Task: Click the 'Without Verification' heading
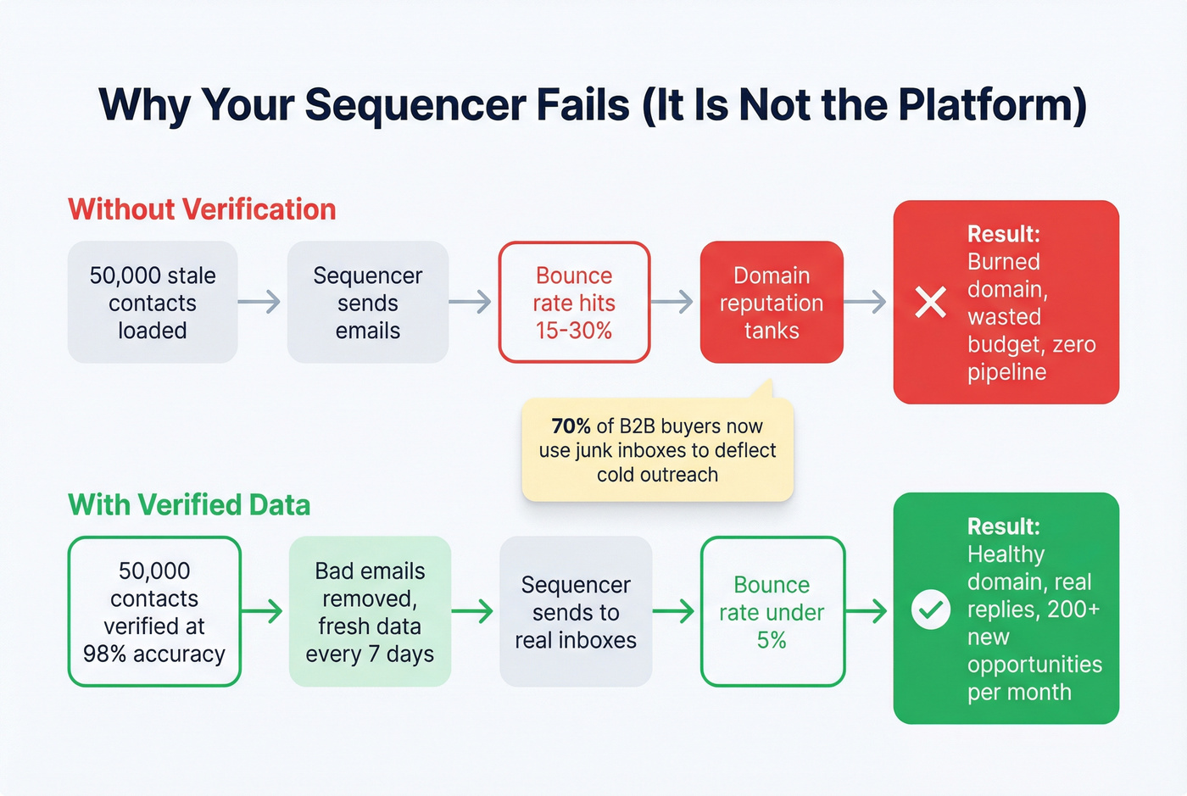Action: click(202, 209)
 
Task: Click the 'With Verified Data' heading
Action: click(189, 505)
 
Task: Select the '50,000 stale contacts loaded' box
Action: click(153, 303)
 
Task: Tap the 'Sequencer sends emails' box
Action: click(367, 303)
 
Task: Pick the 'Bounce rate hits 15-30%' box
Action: click(574, 303)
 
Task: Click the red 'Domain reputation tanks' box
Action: click(772, 303)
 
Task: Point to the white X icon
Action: click(930, 302)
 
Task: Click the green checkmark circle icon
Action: click(930, 610)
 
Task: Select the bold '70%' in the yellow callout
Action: click(571, 426)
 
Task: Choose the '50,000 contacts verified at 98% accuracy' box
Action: click(154, 611)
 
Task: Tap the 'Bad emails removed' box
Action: click(370, 611)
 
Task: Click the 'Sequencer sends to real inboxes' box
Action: click(576, 611)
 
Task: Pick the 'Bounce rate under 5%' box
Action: click(772, 611)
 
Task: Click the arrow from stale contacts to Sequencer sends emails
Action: click(259, 302)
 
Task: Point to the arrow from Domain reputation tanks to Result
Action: click(866, 302)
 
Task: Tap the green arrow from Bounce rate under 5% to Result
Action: click(867, 610)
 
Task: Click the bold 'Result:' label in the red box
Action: click(1004, 234)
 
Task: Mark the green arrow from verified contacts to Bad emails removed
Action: click(263, 610)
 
